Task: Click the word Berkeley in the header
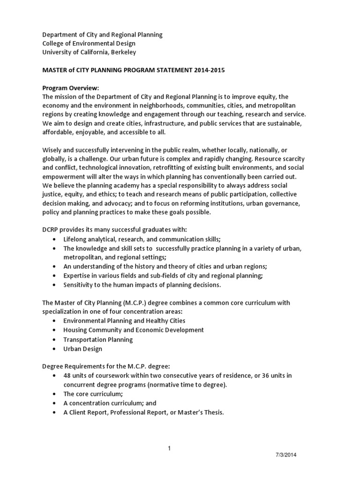(x=123, y=52)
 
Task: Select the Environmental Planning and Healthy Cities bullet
(x=124, y=321)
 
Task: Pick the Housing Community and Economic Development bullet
(x=133, y=330)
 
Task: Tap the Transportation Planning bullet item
(x=98, y=339)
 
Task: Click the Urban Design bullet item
(x=82, y=349)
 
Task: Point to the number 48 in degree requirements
(x=67, y=375)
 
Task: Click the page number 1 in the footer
(x=169, y=449)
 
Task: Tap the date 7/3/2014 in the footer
(x=285, y=455)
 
